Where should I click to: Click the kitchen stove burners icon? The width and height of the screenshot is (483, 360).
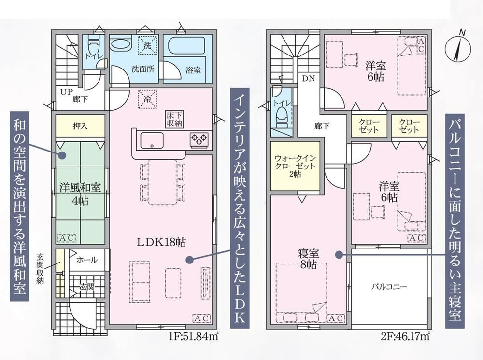pos(199,140)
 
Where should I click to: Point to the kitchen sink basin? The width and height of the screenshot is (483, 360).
pos(152,140)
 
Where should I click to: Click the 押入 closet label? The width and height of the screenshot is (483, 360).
pos(80,126)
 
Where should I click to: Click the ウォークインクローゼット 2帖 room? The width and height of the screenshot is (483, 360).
pos(295,166)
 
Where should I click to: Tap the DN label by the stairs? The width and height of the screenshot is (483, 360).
pos(307,78)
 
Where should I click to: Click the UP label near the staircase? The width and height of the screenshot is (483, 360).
pos(66,91)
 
